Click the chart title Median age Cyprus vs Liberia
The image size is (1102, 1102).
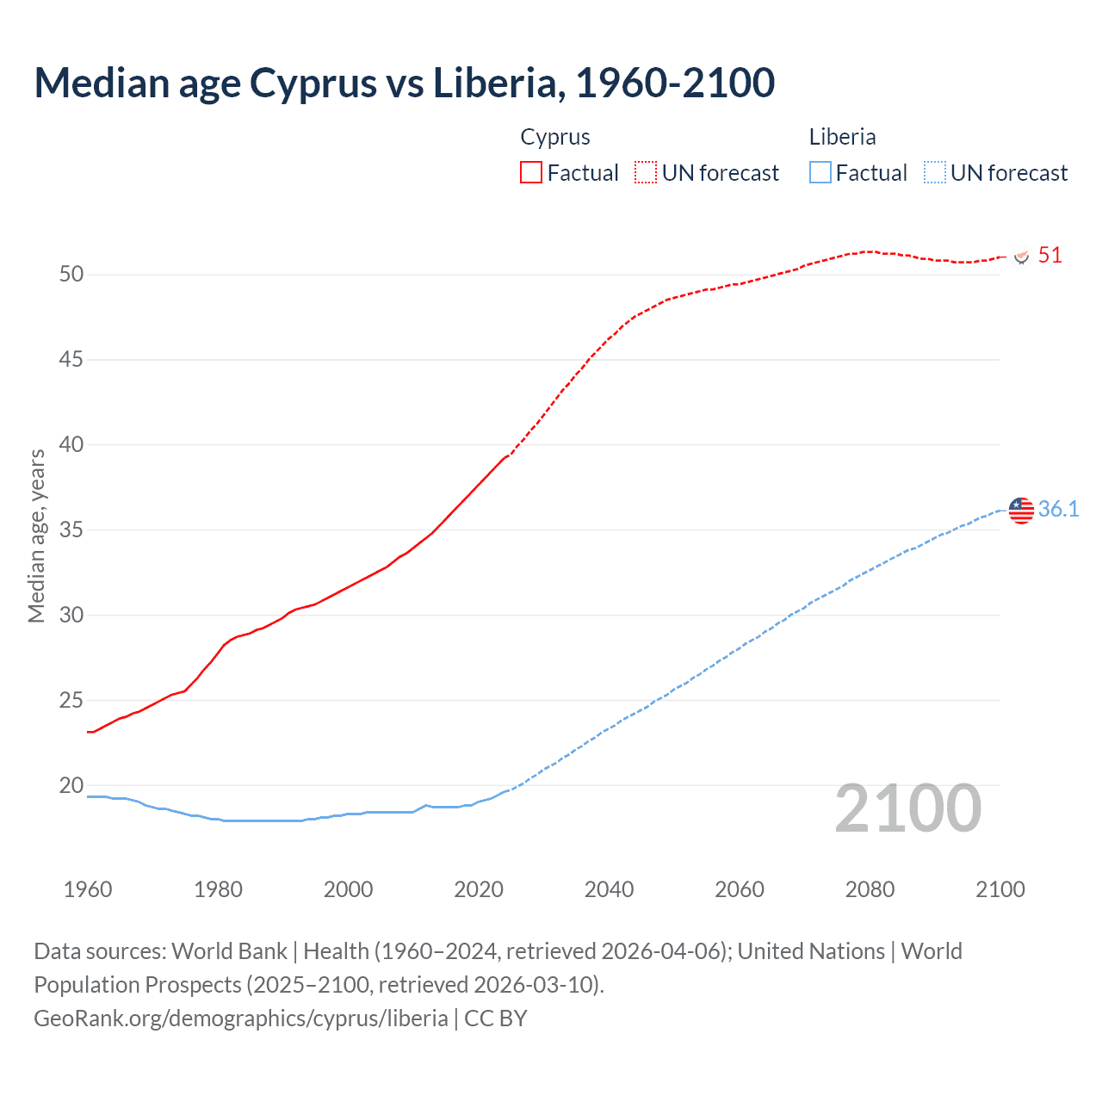point(404,84)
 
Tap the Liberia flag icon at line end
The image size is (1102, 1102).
point(1021,510)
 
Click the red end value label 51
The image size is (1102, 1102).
point(1049,255)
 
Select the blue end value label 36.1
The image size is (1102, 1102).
point(1058,509)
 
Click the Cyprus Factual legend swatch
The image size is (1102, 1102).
point(531,172)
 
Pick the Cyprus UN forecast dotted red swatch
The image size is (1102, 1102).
point(646,172)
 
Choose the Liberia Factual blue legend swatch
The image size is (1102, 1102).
point(820,172)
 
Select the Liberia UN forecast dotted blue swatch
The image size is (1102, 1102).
point(934,172)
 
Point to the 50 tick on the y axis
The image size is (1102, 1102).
point(71,275)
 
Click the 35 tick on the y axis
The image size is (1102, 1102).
point(71,529)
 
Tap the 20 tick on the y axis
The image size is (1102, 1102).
point(71,785)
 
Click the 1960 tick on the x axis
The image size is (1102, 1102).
point(88,889)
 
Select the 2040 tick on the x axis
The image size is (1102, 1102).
point(609,889)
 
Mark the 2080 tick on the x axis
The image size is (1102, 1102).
point(870,889)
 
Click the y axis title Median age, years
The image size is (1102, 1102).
point(36,536)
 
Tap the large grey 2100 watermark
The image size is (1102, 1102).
point(907,808)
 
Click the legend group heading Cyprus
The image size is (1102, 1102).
point(555,137)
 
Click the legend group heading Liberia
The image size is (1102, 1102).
point(842,137)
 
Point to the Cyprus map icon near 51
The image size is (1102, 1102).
point(1022,257)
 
